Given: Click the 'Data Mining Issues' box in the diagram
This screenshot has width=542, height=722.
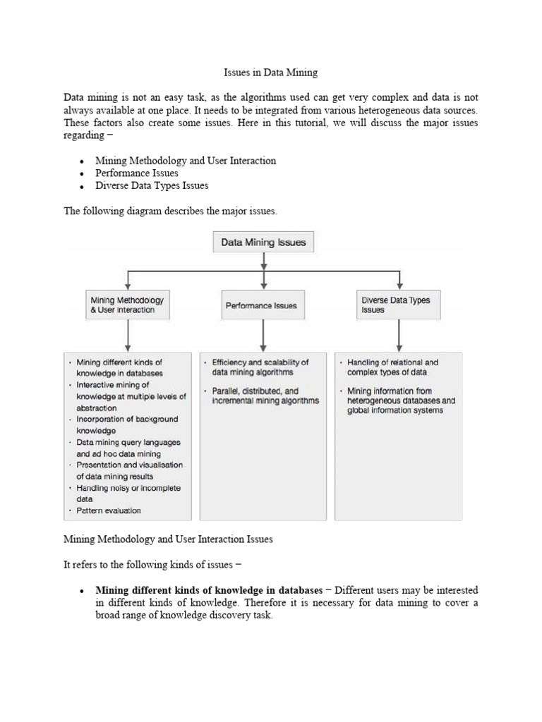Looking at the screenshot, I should (x=263, y=243).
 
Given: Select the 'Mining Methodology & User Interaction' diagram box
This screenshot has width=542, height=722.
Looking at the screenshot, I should (x=127, y=305).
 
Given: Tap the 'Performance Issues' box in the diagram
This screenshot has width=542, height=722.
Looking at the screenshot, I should (x=261, y=305).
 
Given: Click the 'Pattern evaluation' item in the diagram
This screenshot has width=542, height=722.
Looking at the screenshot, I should (x=109, y=510).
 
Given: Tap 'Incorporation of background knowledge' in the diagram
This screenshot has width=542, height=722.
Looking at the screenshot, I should (x=127, y=424).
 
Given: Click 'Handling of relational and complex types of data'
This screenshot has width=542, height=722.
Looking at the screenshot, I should (x=392, y=367).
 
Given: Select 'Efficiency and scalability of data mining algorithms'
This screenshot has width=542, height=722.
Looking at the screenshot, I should (x=260, y=367).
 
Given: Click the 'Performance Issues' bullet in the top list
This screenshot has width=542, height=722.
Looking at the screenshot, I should (x=137, y=173).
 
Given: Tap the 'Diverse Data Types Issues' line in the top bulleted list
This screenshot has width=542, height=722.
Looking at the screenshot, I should (x=152, y=185).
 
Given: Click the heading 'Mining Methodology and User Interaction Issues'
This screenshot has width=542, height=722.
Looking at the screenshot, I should (x=168, y=539).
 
